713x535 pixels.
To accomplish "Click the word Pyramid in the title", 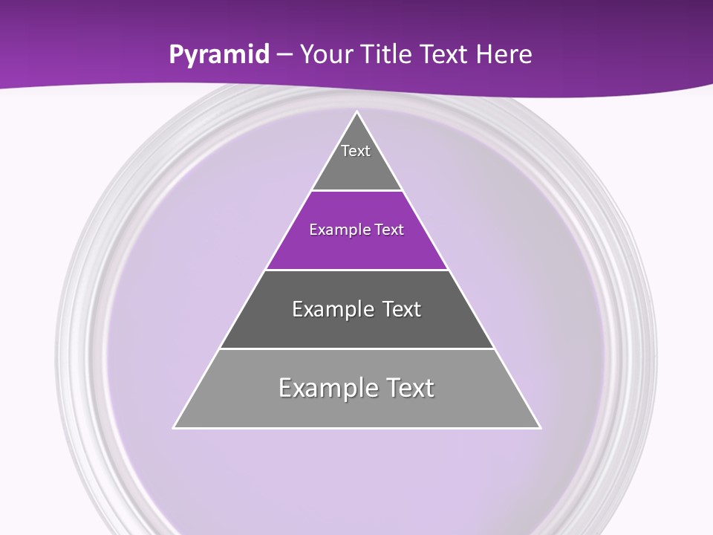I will pyautogui.click(x=219, y=55).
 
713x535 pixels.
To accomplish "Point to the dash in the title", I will pyautogui.click(x=284, y=55).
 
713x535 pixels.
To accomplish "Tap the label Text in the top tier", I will pyautogui.click(x=356, y=151).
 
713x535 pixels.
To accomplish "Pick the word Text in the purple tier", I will pyautogui.click(x=389, y=230).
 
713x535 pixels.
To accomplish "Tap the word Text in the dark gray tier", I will pyautogui.click(x=401, y=309).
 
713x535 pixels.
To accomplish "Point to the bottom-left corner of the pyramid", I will pyautogui.click(x=175, y=427).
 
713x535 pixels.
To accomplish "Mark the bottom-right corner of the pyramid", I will pyautogui.click(x=539, y=427).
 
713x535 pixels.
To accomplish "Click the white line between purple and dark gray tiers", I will pyautogui.click(x=356, y=270).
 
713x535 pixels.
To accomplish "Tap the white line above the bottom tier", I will pyautogui.click(x=356, y=348).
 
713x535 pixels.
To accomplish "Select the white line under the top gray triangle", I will pyautogui.click(x=356, y=191).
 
